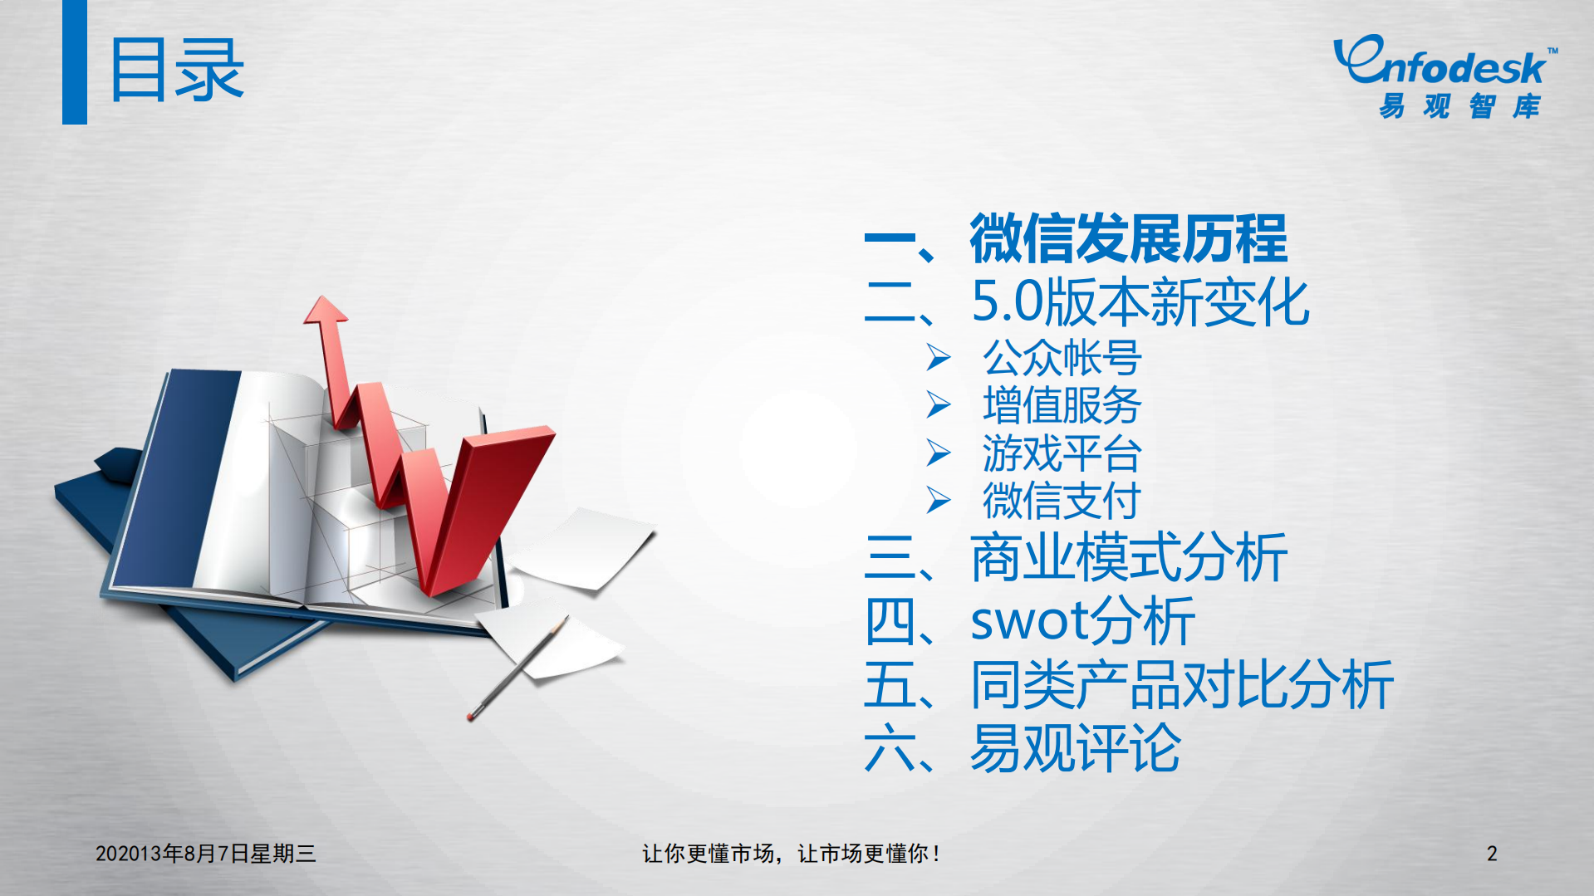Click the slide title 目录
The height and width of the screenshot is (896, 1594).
coord(176,70)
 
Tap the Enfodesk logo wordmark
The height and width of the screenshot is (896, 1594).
coord(1442,63)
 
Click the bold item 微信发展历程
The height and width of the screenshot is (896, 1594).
coord(1128,239)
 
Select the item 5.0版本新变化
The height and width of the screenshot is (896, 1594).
coord(1140,302)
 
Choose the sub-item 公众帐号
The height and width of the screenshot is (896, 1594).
coord(1062,358)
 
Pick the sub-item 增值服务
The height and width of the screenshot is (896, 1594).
coord(1062,405)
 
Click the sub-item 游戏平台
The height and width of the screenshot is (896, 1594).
coord(1062,453)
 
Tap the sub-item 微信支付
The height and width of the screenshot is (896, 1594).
coord(1062,501)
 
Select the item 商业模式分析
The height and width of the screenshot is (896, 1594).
coord(1128,558)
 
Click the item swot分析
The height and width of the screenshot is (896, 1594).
coord(1082,621)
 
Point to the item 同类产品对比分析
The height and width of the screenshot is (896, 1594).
coord(1181,685)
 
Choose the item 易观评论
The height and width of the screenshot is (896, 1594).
coord(1075,748)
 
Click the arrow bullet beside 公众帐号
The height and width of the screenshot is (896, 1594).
coord(939,358)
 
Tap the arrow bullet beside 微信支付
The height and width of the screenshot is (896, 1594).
coord(939,501)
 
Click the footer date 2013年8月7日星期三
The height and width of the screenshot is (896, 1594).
coord(205,854)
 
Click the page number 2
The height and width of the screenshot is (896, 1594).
coord(1492,854)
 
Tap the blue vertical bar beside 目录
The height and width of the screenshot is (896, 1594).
coord(75,62)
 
